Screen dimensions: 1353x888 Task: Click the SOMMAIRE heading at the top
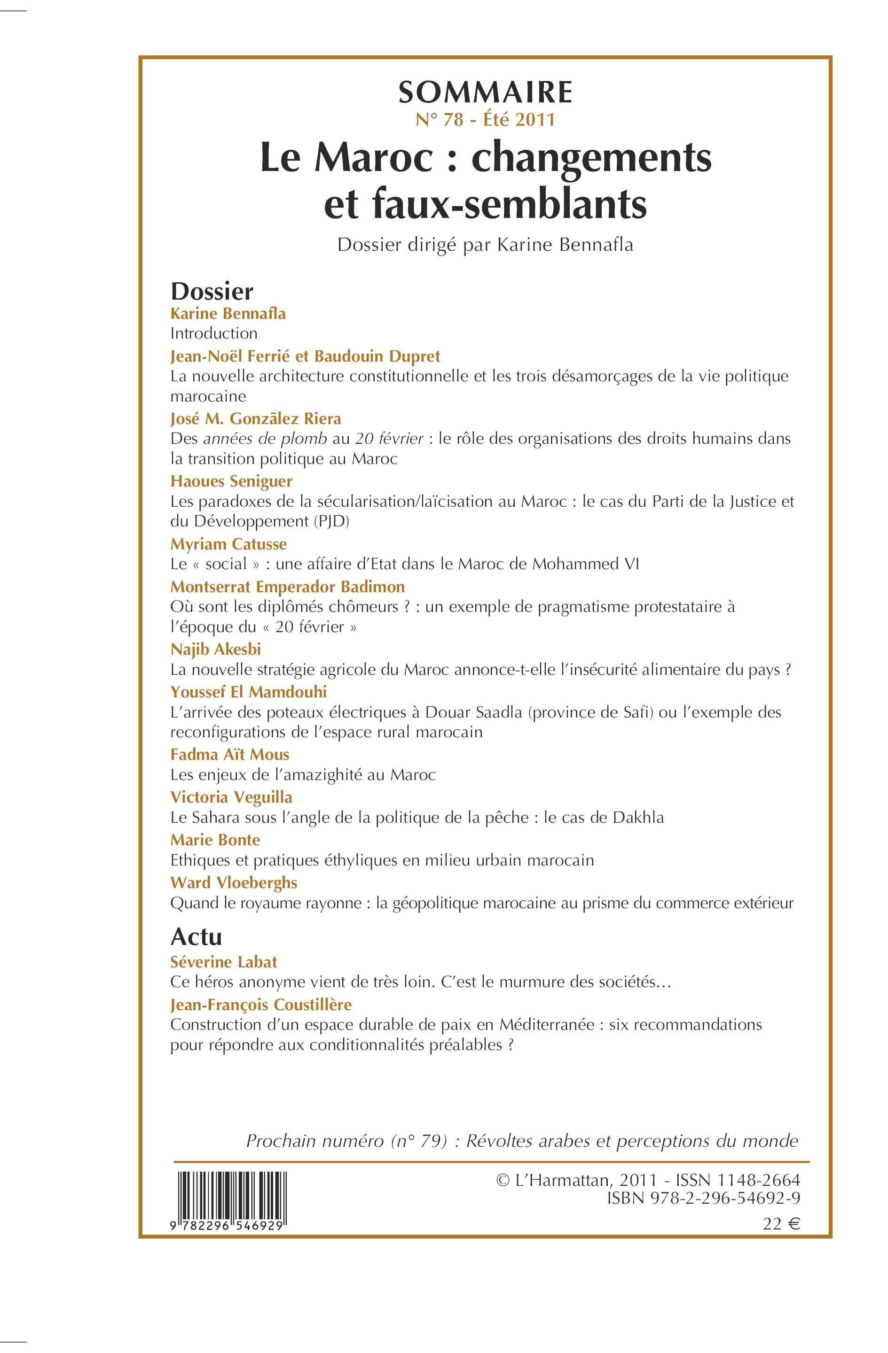pyautogui.click(x=485, y=93)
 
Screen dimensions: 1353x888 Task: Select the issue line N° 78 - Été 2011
pyautogui.click(x=485, y=120)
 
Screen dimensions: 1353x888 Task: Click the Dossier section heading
pyautogui.click(x=212, y=292)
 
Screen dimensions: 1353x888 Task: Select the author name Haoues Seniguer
pyautogui.click(x=231, y=481)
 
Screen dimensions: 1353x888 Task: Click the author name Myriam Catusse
pyautogui.click(x=228, y=544)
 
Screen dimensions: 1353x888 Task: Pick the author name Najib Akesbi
pyautogui.click(x=216, y=649)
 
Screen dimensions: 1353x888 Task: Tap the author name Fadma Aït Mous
pyautogui.click(x=230, y=754)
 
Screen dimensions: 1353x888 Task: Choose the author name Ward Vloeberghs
pyautogui.click(x=234, y=882)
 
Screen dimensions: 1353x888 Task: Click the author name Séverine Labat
pyautogui.click(x=224, y=962)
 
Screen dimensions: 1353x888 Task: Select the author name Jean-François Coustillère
pyautogui.click(x=261, y=1005)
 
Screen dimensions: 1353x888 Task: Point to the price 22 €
pyautogui.click(x=781, y=1224)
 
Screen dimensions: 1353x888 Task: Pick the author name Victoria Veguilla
pyautogui.click(x=231, y=797)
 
